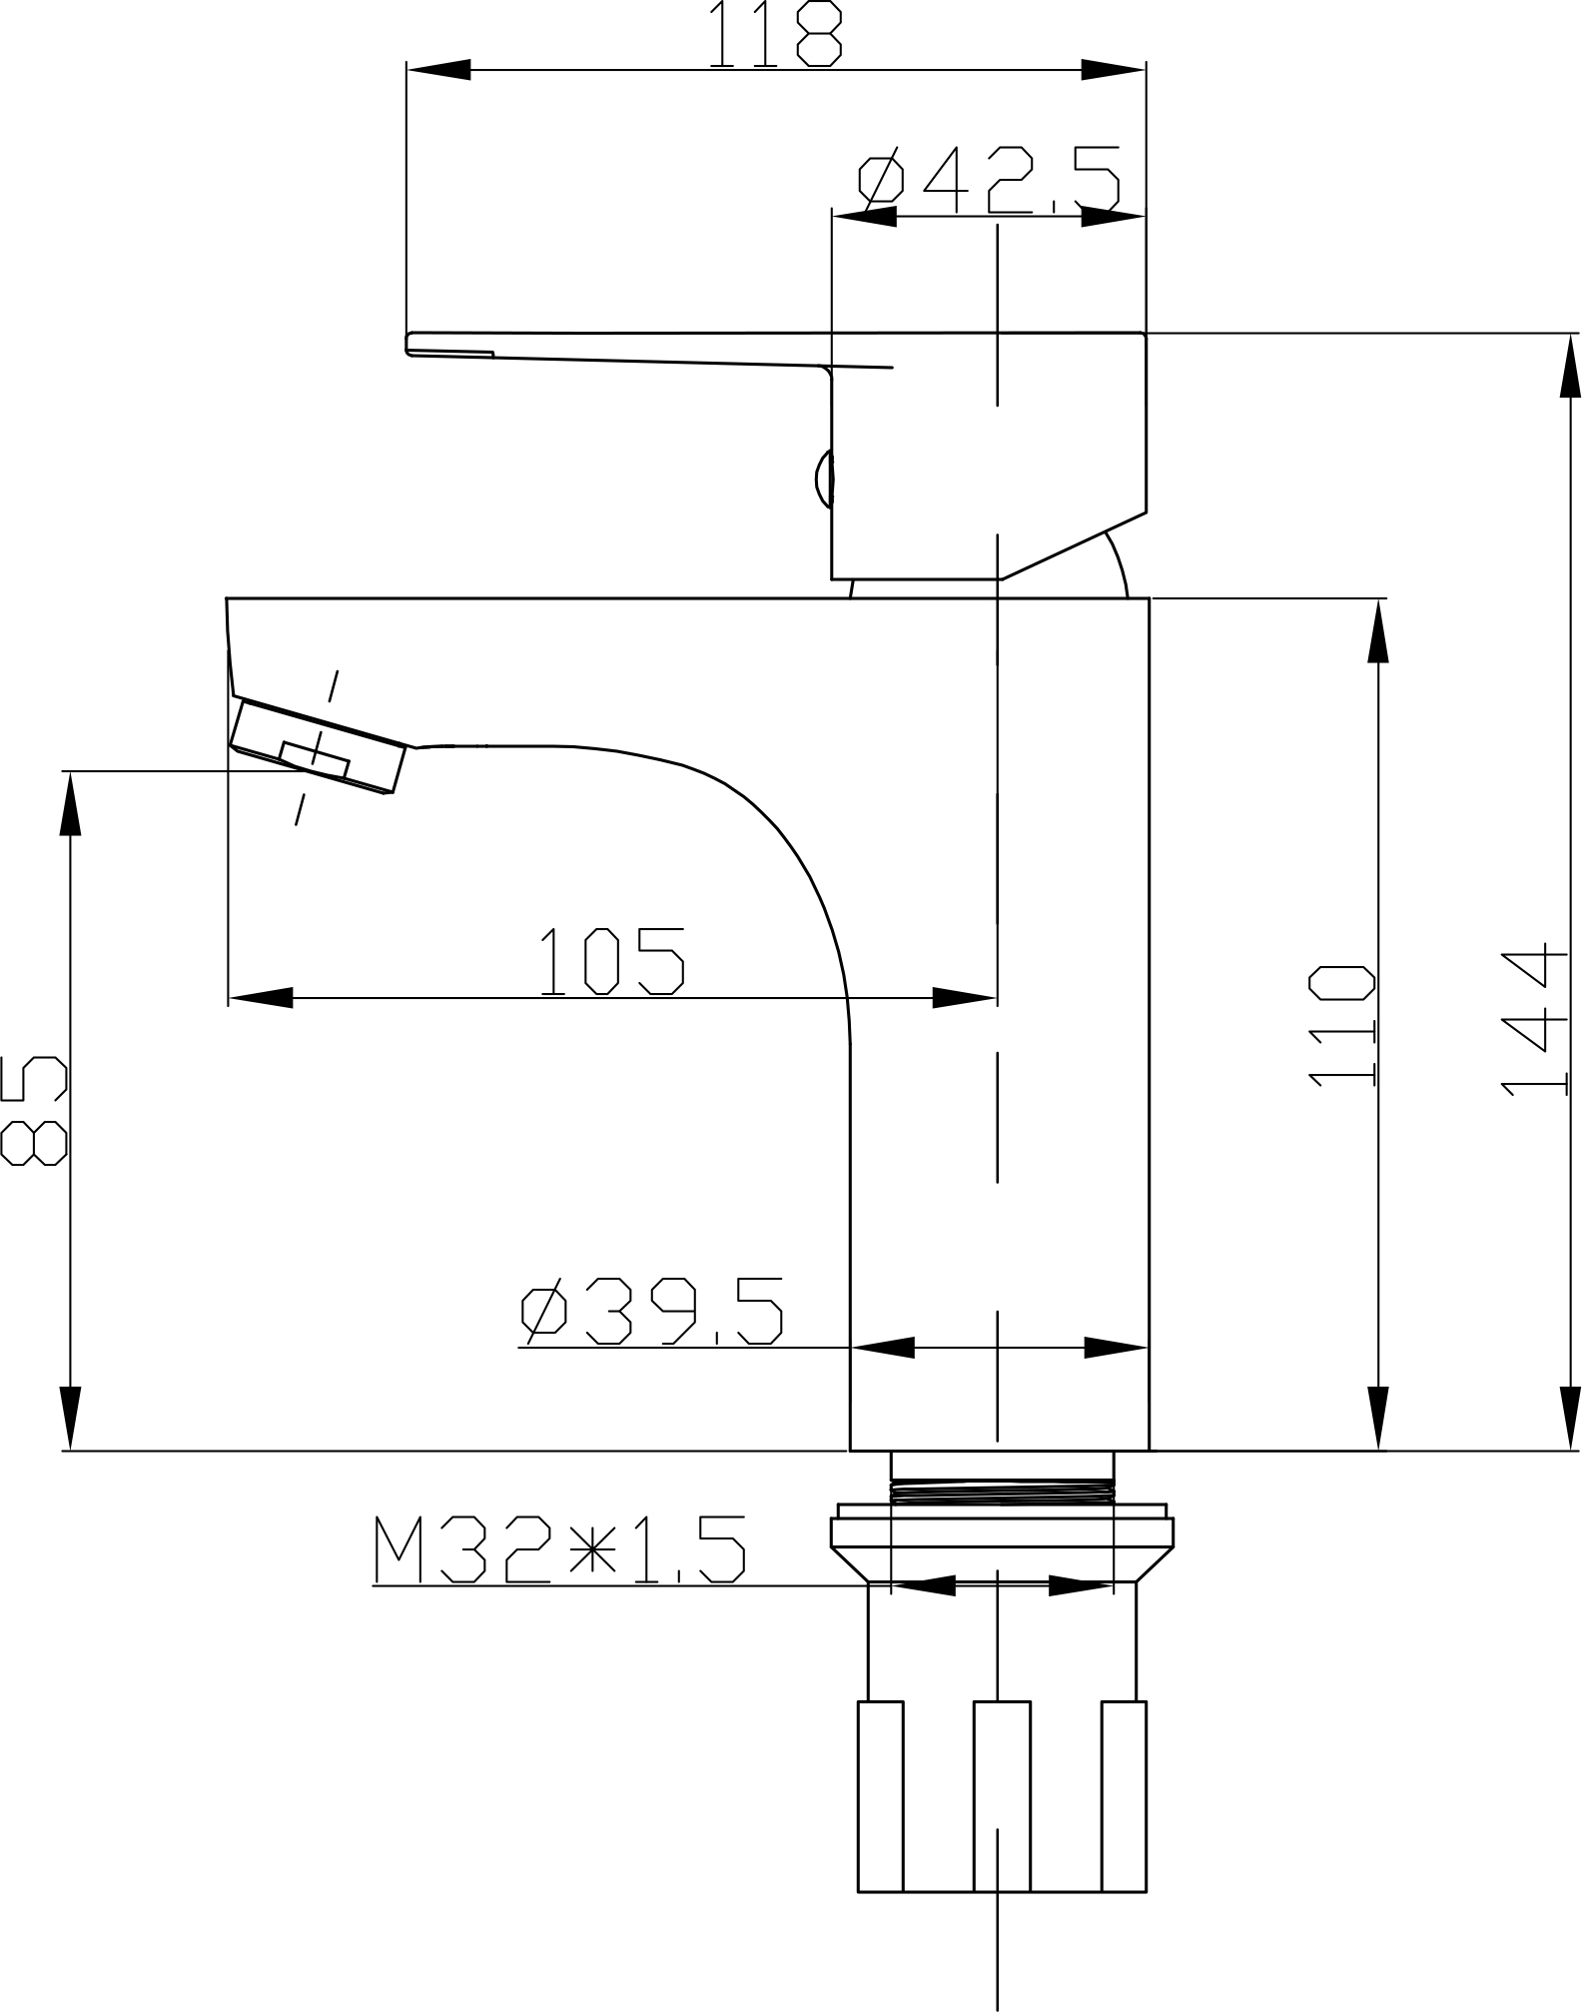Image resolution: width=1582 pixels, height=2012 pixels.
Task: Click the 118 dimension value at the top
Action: tap(776, 35)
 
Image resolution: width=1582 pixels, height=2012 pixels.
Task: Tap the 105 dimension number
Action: tap(612, 961)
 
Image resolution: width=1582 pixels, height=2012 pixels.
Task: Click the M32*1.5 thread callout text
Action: tap(559, 1550)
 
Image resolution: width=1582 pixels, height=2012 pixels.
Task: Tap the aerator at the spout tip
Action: tap(318, 749)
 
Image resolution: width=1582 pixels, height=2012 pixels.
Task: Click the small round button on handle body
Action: tap(824, 480)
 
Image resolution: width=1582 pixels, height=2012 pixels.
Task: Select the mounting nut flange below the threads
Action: tap(1001, 1533)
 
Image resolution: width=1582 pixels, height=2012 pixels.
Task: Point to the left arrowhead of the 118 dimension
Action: tap(437, 70)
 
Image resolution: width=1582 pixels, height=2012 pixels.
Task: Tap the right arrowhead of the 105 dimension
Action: tap(965, 997)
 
